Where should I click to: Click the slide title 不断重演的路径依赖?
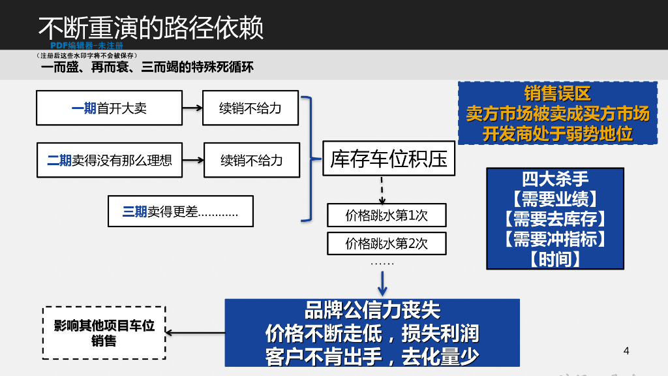point(151,27)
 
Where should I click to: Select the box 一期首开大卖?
point(108,108)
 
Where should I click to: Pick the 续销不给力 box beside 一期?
point(250,108)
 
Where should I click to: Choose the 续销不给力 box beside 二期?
point(252,160)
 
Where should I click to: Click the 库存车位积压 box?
point(389,159)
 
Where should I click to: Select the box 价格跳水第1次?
point(386,215)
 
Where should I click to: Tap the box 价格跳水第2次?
point(386,243)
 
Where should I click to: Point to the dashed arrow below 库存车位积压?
point(382,190)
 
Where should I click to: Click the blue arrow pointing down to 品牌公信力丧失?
point(383,282)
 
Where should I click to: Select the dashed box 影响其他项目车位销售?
point(104,333)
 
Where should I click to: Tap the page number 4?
point(627,351)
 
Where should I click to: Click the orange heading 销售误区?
point(557,94)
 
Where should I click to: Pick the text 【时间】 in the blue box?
point(555,259)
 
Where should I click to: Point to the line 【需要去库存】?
point(555,218)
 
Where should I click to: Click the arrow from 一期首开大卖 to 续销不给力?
point(185,108)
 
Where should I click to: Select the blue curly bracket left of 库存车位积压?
point(307,159)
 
